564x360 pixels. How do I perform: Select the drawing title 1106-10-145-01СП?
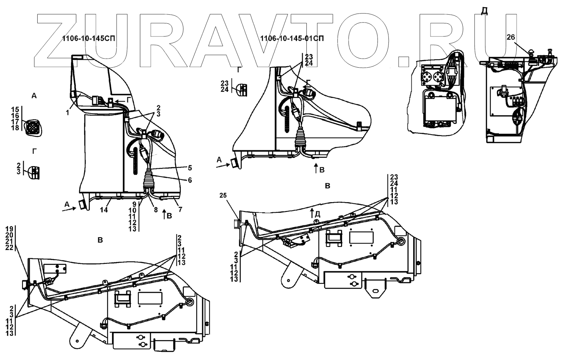click(x=292, y=38)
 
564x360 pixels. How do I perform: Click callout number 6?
click(x=190, y=180)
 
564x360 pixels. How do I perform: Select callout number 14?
click(x=104, y=210)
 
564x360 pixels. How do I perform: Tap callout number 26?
click(x=511, y=37)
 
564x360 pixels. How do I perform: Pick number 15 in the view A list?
click(x=15, y=109)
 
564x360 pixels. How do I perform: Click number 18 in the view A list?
click(x=15, y=128)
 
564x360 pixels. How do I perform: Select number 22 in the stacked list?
click(x=9, y=247)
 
